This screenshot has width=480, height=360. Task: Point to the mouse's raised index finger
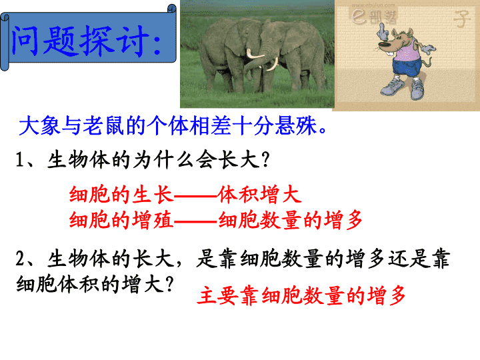click(381, 29)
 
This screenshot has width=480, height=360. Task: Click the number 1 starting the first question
click(19, 160)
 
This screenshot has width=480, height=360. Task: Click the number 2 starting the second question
click(20, 258)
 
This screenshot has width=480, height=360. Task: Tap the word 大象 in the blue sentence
click(39, 125)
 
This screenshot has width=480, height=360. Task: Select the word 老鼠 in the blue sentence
click(103, 125)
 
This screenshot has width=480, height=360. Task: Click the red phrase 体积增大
click(259, 195)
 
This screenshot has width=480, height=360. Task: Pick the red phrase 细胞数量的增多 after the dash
click(291, 220)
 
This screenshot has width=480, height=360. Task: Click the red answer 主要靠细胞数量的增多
click(301, 295)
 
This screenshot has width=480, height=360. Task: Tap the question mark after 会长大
click(266, 159)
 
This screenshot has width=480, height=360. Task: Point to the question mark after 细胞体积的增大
click(169, 284)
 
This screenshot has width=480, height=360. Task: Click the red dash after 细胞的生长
click(196, 195)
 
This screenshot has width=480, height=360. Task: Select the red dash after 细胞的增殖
click(196, 221)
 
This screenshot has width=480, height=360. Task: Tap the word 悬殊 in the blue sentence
click(295, 125)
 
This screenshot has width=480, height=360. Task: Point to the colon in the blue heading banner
click(157, 44)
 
